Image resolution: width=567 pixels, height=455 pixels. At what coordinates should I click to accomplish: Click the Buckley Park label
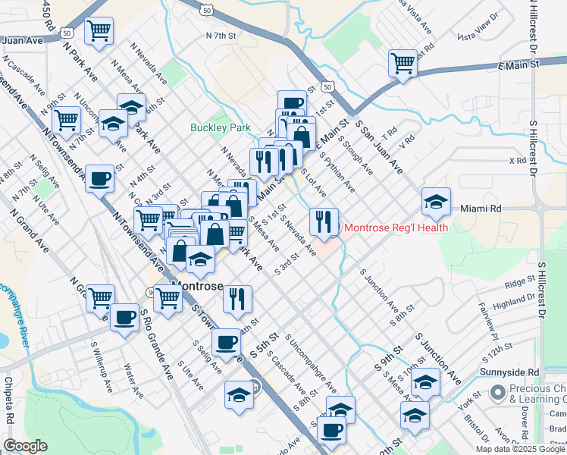coord(221,128)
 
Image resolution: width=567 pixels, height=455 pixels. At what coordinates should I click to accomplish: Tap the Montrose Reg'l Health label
coord(396,227)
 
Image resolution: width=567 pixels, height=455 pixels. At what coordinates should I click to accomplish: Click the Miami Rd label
coord(481,208)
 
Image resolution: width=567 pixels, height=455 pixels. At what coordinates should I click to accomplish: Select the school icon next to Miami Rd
coord(436,202)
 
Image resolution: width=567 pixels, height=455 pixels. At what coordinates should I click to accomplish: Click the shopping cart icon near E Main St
coord(403,63)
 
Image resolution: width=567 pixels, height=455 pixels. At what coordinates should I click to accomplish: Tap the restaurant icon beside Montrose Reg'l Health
coord(324,221)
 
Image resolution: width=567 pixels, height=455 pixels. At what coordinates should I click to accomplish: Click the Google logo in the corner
coord(25,446)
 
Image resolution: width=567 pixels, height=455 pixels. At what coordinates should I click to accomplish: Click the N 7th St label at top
coord(221,36)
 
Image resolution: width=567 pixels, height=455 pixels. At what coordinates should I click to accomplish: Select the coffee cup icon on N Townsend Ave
coord(99,179)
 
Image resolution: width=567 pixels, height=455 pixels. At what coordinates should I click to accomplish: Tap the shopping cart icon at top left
coord(99,30)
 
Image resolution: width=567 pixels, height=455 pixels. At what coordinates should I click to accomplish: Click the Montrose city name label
coord(197,286)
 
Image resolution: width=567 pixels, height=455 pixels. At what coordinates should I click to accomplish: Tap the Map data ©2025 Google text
coord(519,448)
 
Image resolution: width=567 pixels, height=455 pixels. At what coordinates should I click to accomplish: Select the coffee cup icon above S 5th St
coord(225,343)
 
